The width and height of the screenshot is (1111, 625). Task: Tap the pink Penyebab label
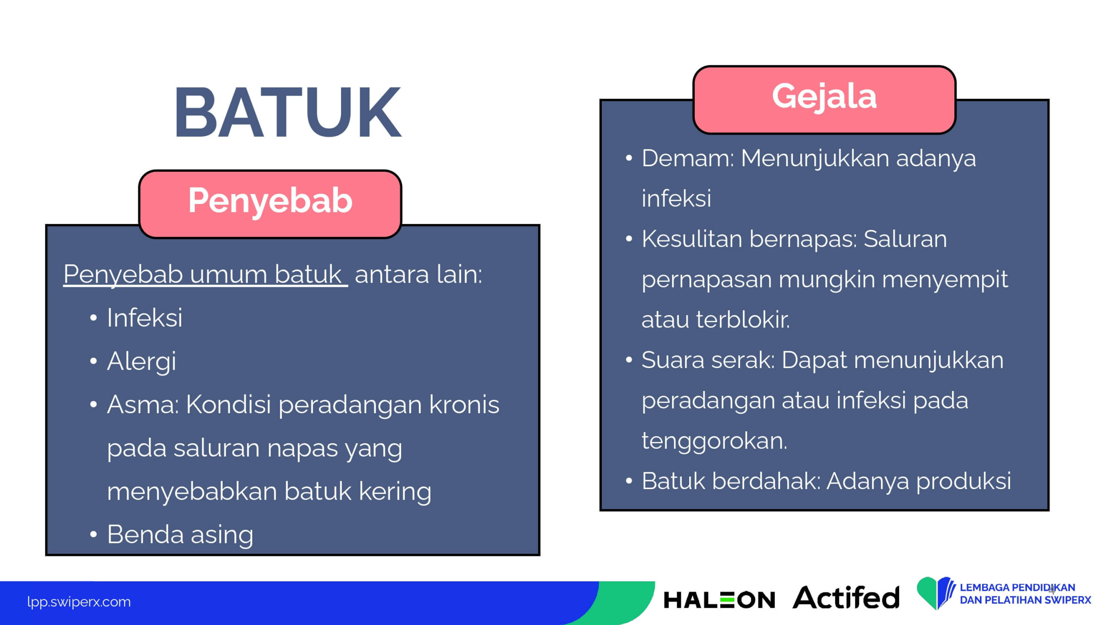click(270, 204)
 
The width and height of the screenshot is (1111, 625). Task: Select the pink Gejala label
click(824, 100)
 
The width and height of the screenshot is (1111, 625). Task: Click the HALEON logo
click(719, 599)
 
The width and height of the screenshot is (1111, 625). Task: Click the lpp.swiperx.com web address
click(79, 602)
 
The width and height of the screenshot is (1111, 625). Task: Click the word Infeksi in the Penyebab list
click(145, 317)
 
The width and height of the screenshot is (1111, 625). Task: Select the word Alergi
click(141, 362)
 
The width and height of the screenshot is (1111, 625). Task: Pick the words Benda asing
click(180, 535)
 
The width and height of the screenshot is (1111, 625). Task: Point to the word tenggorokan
click(714, 441)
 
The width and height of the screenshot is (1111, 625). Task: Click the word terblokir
click(743, 319)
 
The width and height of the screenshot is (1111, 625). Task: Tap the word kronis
click(464, 404)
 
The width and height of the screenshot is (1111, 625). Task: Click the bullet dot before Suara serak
click(629, 360)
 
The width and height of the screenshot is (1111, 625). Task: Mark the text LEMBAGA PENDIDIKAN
click(1017, 587)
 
